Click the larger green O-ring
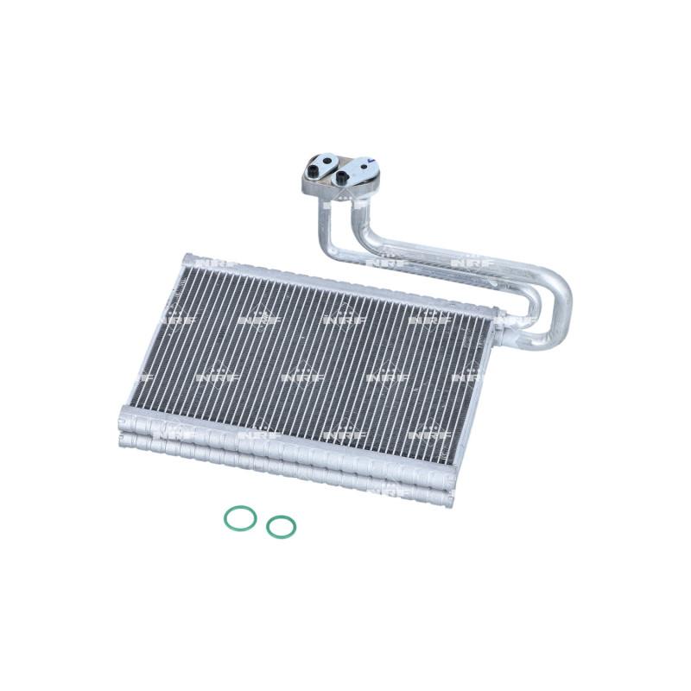(240, 518)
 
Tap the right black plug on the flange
(343, 176)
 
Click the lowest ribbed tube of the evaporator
(285, 471)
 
